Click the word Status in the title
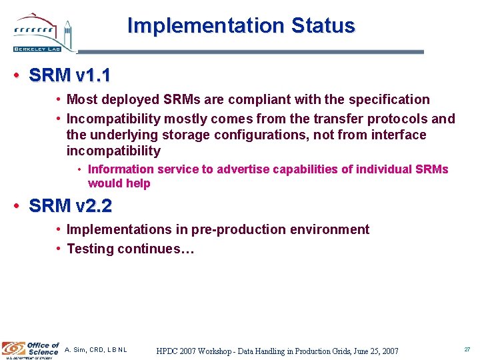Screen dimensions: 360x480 click(x=323, y=26)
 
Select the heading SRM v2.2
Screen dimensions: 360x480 click(x=71, y=206)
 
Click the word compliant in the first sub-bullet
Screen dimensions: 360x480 click(x=257, y=100)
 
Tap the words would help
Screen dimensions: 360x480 click(x=119, y=183)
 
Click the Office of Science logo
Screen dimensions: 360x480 click(x=31, y=349)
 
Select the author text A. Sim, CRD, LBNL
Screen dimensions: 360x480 click(x=96, y=350)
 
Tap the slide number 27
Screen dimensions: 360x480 click(x=467, y=349)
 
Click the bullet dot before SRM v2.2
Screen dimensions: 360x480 click(x=16, y=206)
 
